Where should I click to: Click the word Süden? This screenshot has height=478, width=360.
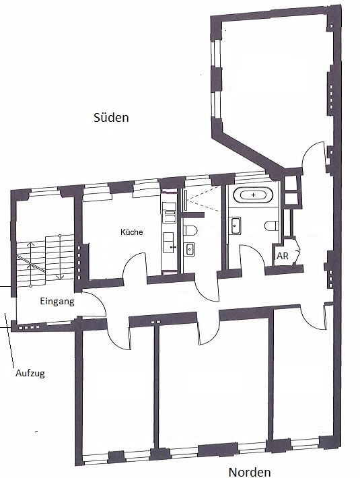click(110, 117)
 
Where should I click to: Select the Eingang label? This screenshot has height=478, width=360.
click(57, 302)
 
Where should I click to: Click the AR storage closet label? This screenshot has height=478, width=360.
click(283, 257)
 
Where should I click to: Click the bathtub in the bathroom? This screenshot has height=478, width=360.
click(253, 196)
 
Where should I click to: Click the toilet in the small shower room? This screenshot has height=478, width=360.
click(190, 231)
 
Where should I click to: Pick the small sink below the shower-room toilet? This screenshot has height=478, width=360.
click(189, 249)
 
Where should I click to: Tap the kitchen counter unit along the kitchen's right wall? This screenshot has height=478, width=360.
click(170, 232)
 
